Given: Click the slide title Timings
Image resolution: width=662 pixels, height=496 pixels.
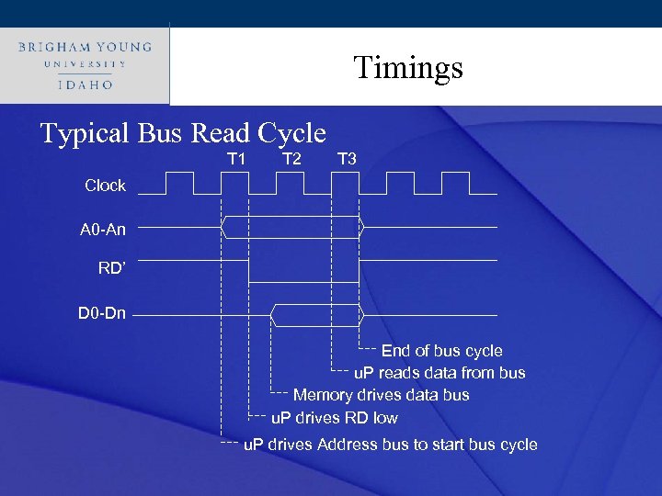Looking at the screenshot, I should coord(408,67).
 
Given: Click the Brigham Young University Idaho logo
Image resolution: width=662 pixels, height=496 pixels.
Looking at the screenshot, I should coord(84,64).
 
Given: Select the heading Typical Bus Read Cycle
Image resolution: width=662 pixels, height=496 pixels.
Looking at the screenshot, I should coord(183,134).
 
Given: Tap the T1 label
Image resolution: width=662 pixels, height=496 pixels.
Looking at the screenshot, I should coord(236,159).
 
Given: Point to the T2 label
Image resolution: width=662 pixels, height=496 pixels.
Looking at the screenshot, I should coord(291,159).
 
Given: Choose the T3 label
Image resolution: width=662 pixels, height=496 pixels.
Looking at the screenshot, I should coord(347,159).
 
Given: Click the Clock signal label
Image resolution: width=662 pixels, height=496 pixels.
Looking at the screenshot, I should coord(105,186).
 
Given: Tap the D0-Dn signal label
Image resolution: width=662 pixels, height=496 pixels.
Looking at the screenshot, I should coord(101,315).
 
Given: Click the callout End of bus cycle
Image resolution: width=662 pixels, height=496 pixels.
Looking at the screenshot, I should coord(441,351).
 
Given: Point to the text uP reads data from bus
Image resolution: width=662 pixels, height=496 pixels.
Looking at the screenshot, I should coord(439,373).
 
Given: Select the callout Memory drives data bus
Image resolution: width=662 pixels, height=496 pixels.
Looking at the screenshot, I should coord(381,395).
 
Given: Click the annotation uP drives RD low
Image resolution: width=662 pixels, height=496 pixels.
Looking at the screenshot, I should coord(334,418).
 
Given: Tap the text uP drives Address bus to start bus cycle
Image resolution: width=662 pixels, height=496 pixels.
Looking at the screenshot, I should coord(390,445).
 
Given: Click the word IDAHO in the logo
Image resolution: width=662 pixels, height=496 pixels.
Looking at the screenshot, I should coord(84,85).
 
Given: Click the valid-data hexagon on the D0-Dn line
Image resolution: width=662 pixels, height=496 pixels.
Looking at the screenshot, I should coord(317,316).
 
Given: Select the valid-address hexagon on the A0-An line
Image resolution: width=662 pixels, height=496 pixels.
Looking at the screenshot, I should coord(292,226).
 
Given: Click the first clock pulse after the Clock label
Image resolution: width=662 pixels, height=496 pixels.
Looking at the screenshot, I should coord(154,184).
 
